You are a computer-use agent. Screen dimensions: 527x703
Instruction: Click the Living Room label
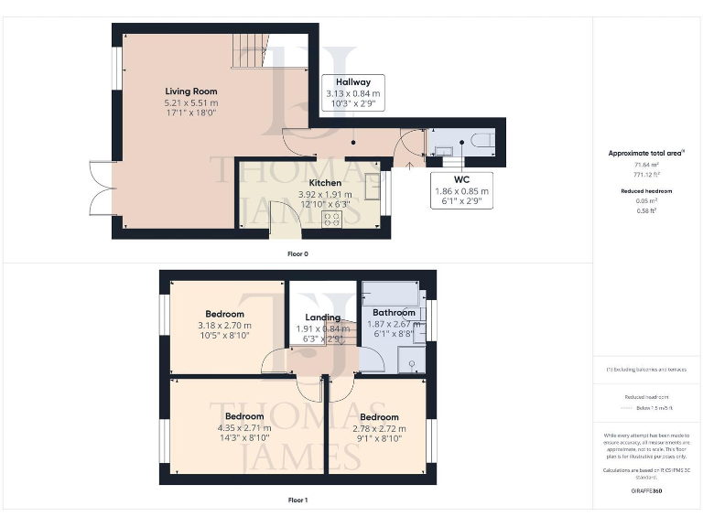pos(190,91)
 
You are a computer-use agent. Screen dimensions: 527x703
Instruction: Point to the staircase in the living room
pos(249,49)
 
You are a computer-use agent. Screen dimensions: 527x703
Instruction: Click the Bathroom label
pos(394,313)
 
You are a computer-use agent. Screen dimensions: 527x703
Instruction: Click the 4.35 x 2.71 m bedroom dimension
pos(245,428)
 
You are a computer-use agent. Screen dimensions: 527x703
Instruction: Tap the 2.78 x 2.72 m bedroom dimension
pos(379,428)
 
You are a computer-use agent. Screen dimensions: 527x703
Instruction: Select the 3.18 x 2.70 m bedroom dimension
pos(224,326)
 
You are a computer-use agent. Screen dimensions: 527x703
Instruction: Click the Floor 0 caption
pos(297,253)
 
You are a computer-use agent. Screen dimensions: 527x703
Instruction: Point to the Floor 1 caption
pos(297,500)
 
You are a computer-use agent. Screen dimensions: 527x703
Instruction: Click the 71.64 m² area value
pos(648,165)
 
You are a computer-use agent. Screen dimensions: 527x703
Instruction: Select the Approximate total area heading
pos(648,153)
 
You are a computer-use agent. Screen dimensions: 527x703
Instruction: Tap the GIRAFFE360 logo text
pos(647,491)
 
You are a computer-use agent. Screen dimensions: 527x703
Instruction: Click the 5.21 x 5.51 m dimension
pos(190,103)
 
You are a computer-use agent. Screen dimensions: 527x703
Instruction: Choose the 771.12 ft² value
pos(648,174)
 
